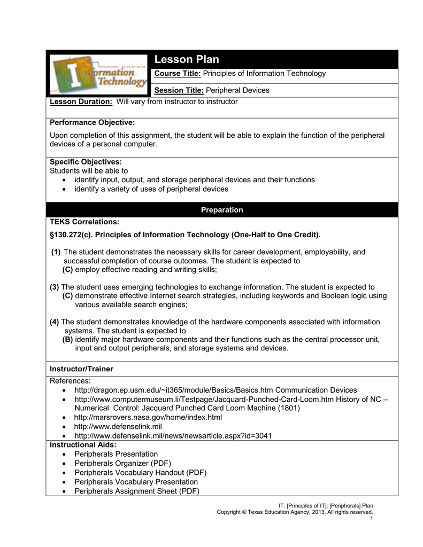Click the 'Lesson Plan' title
(x=187, y=59)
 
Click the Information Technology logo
(x=97, y=74)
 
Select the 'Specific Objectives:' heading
(x=86, y=161)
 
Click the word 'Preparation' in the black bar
(x=222, y=210)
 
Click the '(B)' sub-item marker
(x=68, y=339)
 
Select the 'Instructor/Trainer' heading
(x=81, y=369)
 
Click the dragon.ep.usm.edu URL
(x=174, y=390)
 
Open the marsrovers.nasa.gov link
(x=148, y=417)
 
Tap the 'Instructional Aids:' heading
(x=83, y=444)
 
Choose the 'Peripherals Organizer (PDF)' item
(x=122, y=463)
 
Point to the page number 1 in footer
(x=371, y=518)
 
